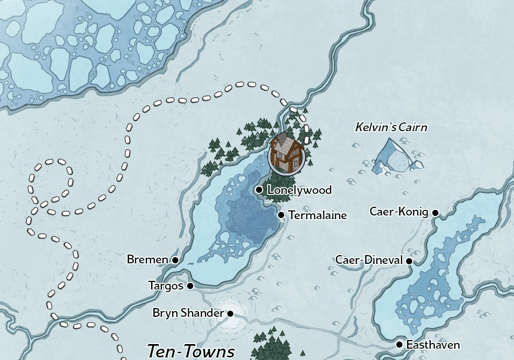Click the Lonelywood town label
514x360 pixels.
tap(299, 190)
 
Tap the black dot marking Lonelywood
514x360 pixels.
tap(259, 190)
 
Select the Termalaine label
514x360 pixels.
tap(318, 215)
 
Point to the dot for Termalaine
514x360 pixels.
tap(281, 215)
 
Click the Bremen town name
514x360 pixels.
tap(147, 260)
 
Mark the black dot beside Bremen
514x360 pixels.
tap(175, 260)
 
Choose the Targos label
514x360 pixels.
tap(166, 285)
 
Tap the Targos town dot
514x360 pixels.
tap(190, 286)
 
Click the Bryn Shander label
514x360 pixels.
tap(188, 313)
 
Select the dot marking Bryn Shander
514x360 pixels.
tap(230, 313)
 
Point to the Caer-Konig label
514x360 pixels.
tap(399, 212)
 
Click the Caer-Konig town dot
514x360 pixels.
tap(435, 212)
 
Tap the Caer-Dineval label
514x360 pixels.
tap(369, 260)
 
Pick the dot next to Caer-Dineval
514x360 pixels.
tap(409, 261)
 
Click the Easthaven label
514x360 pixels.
tap(433, 345)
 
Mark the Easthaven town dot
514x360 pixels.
tap(399, 345)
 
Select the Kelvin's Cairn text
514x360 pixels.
tap(391, 127)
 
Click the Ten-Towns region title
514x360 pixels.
tap(191, 351)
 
